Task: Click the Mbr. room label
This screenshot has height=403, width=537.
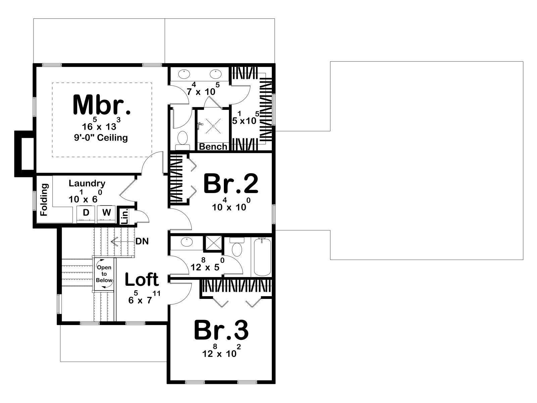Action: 102,105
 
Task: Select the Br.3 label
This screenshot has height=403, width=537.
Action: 222,330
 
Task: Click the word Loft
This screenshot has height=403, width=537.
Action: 142,279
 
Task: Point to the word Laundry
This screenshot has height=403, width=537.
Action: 87,183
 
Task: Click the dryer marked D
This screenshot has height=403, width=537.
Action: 86,214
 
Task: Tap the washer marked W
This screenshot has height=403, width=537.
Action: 106,214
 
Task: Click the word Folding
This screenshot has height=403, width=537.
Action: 44,200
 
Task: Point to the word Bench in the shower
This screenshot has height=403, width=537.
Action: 213,146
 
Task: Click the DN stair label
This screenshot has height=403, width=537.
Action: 142,241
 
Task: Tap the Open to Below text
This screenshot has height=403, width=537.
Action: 104,274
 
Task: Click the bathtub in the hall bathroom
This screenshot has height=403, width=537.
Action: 262,257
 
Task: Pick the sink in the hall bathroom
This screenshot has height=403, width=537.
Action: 187,242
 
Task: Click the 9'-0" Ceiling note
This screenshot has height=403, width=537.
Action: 101,137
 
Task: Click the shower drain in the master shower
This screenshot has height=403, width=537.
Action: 213,126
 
